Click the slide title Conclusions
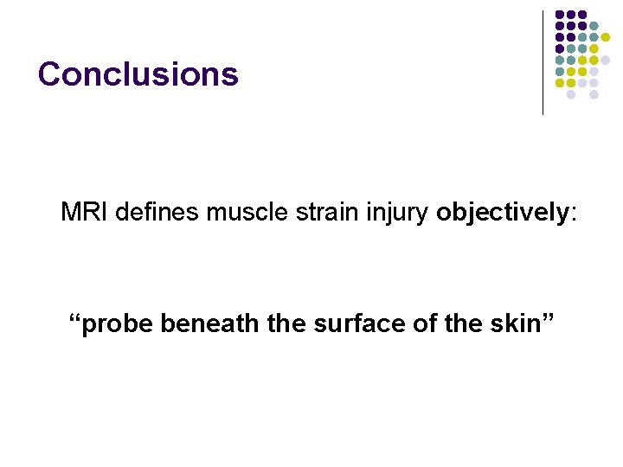[138, 74]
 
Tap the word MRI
[84, 212]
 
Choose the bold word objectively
[500, 213]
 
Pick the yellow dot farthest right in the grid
[606, 38]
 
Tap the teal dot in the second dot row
[594, 27]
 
